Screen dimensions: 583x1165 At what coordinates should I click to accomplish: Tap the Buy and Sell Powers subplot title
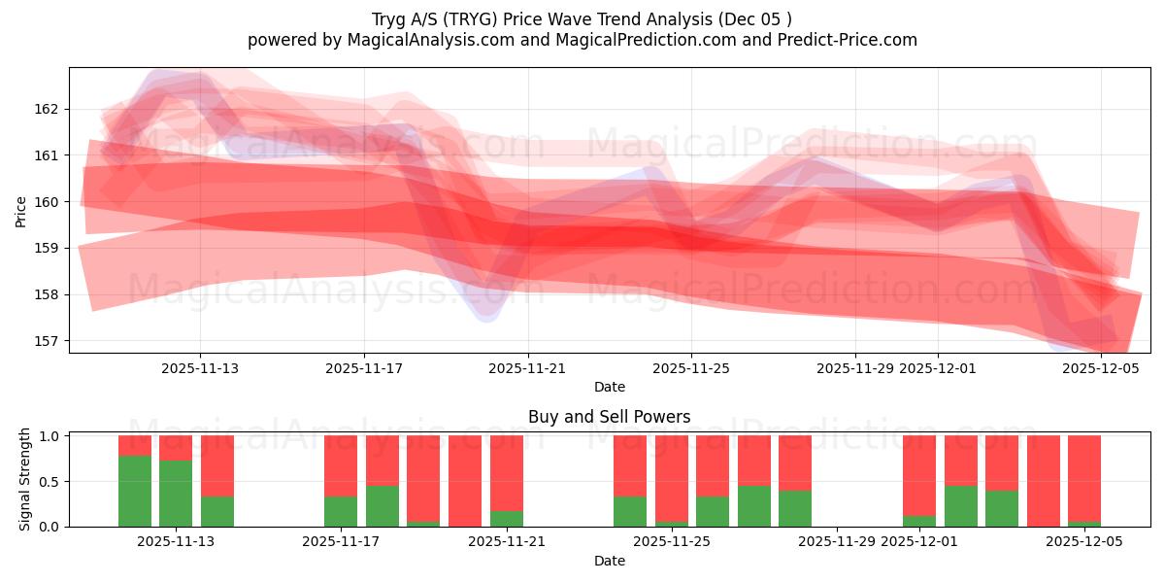[609, 417]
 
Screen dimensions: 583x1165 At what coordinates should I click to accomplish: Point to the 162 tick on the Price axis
[49, 109]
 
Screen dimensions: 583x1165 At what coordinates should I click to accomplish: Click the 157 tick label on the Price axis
[49, 341]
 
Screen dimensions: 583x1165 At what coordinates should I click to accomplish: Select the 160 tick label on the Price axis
[49, 202]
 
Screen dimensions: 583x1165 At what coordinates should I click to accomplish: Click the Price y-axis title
[21, 211]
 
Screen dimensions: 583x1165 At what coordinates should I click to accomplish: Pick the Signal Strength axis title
[25, 479]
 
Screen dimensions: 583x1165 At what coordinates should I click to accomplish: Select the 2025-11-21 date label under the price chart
[527, 368]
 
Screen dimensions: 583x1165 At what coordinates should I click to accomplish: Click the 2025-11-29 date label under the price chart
[855, 368]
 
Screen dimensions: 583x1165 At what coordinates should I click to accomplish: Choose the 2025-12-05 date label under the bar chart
[1083, 542]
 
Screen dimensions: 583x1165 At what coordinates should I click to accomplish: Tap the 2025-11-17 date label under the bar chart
[341, 542]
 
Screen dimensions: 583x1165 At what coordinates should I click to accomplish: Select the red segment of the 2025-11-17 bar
[341, 465]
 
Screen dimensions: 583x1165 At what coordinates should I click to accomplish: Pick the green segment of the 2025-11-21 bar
[507, 519]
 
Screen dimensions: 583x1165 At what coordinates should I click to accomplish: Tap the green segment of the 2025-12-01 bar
[919, 521]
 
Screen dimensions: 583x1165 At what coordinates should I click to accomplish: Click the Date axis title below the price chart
[609, 387]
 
